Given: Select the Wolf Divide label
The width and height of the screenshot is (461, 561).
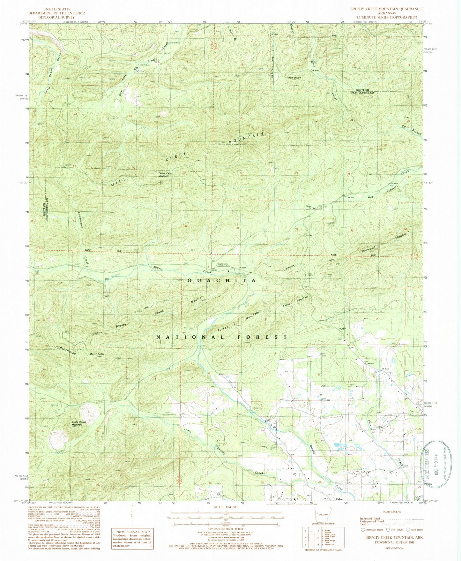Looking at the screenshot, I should pyautogui.click(x=295, y=78).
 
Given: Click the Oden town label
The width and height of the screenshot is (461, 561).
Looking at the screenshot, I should pyautogui.click(x=339, y=499).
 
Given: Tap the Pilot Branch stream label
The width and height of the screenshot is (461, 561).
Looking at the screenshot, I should pyautogui.click(x=411, y=130).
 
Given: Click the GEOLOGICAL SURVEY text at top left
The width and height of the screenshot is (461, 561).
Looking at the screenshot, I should pyautogui.click(x=56, y=17).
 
